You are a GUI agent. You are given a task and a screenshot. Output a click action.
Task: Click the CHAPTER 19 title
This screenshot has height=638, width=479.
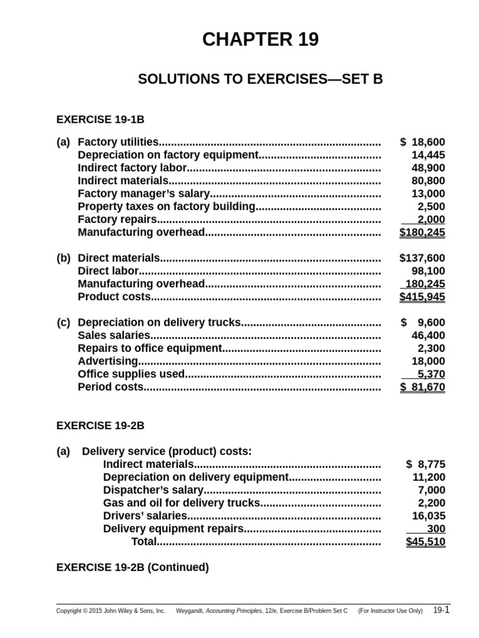click(260, 40)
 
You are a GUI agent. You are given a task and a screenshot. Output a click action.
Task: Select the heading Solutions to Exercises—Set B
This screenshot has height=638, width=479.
click(260, 80)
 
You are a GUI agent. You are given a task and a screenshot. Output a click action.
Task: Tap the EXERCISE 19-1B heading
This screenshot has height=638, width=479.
click(100, 118)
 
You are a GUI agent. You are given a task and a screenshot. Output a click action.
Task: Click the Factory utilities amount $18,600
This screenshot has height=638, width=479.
click(423, 142)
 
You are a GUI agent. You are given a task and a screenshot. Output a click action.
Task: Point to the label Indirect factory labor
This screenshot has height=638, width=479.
click(132, 168)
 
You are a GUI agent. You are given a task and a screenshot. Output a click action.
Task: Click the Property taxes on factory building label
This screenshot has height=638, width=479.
click(167, 206)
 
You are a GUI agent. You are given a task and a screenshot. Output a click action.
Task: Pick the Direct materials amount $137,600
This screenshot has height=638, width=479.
click(422, 258)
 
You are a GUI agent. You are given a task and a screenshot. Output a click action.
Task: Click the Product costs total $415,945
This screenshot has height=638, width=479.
click(422, 297)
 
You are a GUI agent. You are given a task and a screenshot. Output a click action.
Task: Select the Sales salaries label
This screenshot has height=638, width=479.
click(114, 336)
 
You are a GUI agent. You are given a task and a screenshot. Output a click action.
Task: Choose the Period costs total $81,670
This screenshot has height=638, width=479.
click(422, 388)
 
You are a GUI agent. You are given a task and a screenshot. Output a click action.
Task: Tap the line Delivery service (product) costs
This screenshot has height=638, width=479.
click(167, 451)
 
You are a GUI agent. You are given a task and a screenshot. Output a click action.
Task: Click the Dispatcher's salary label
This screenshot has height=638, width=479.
click(153, 490)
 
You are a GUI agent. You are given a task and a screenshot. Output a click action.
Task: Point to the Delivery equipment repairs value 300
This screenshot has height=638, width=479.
click(437, 529)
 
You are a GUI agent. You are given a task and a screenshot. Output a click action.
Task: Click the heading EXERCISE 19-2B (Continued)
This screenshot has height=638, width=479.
click(133, 567)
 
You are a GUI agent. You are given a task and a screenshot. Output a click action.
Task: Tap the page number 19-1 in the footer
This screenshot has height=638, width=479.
click(441, 610)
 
